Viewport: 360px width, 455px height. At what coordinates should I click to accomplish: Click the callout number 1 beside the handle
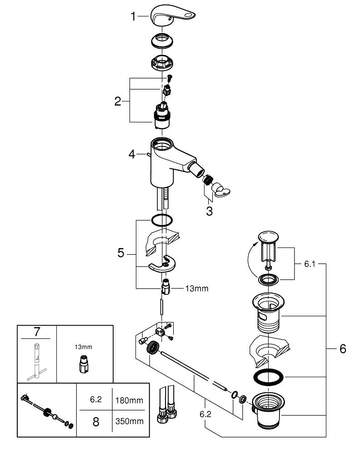pyautogui.click(x=133, y=17)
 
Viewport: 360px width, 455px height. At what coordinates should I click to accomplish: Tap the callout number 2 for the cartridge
pyautogui.click(x=118, y=101)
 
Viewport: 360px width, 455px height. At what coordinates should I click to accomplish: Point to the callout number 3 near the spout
pyautogui.click(x=209, y=212)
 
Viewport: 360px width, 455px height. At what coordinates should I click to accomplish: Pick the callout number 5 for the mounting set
pyautogui.click(x=120, y=253)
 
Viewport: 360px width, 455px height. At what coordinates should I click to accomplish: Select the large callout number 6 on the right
pyautogui.click(x=342, y=349)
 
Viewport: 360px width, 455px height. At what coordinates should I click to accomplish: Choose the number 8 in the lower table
pyautogui.click(x=96, y=421)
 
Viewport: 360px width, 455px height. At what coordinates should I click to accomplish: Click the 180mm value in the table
pyautogui.click(x=130, y=401)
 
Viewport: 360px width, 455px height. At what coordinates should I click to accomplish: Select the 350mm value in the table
pyautogui.click(x=130, y=421)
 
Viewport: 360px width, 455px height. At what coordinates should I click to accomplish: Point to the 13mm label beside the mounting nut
pyautogui.click(x=196, y=288)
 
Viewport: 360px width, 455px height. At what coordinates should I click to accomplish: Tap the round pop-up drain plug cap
pyautogui.click(x=267, y=237)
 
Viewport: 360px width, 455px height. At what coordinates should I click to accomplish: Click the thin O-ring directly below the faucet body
pyautogui.click(x=162, y=220)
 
